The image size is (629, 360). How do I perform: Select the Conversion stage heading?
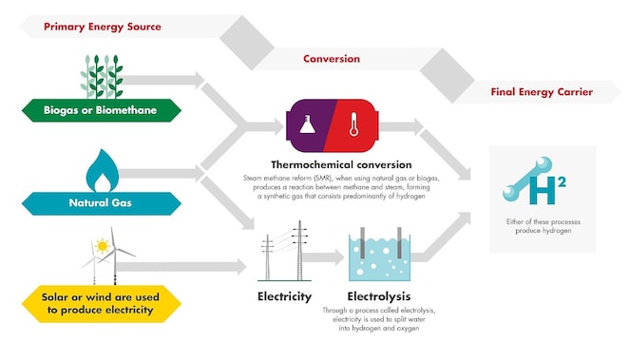pyautogui.click(x=332, y=59)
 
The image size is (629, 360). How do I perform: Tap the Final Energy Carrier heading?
pyautogui.click(x=542, y=92)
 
